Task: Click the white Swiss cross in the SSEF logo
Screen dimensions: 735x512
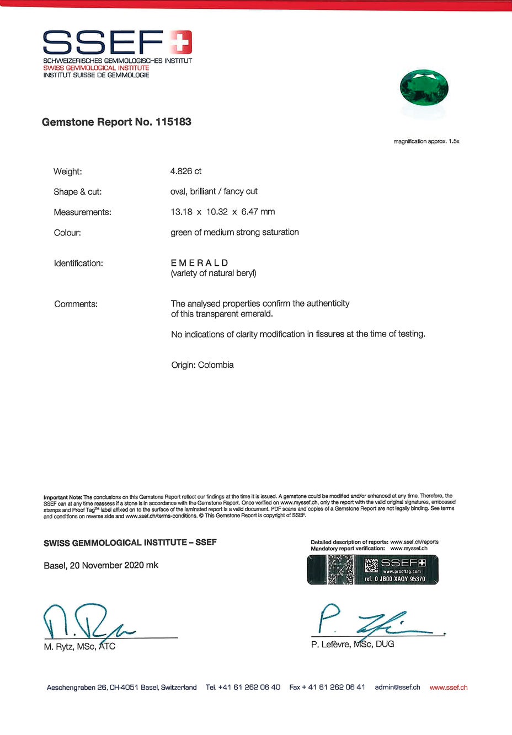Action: [180, 42]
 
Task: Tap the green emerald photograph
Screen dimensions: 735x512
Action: [424, 88]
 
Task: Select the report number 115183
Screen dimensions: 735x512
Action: [173, 122]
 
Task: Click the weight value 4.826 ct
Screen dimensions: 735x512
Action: [186, 171]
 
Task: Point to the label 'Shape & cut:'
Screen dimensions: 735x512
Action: [78, 192]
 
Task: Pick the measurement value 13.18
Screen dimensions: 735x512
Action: [182, 212]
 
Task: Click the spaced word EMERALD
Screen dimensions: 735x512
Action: [199, 263]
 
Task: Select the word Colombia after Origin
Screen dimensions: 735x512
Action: [216, 365]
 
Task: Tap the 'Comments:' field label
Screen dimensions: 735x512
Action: [76, 304]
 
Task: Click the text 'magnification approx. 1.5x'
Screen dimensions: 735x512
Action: [426, 142]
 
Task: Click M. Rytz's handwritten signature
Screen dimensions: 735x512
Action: [86, 621]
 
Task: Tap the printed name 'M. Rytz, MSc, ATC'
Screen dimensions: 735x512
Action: [79, 647]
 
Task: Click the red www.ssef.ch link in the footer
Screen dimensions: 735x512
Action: [449, 688]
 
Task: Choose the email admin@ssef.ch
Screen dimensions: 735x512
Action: [397, 688]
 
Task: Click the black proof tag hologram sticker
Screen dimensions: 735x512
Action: [372, 570]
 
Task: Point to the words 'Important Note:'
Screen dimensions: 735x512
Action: [63, 497]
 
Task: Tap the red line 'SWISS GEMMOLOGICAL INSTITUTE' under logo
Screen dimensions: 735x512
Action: [96, 68]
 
